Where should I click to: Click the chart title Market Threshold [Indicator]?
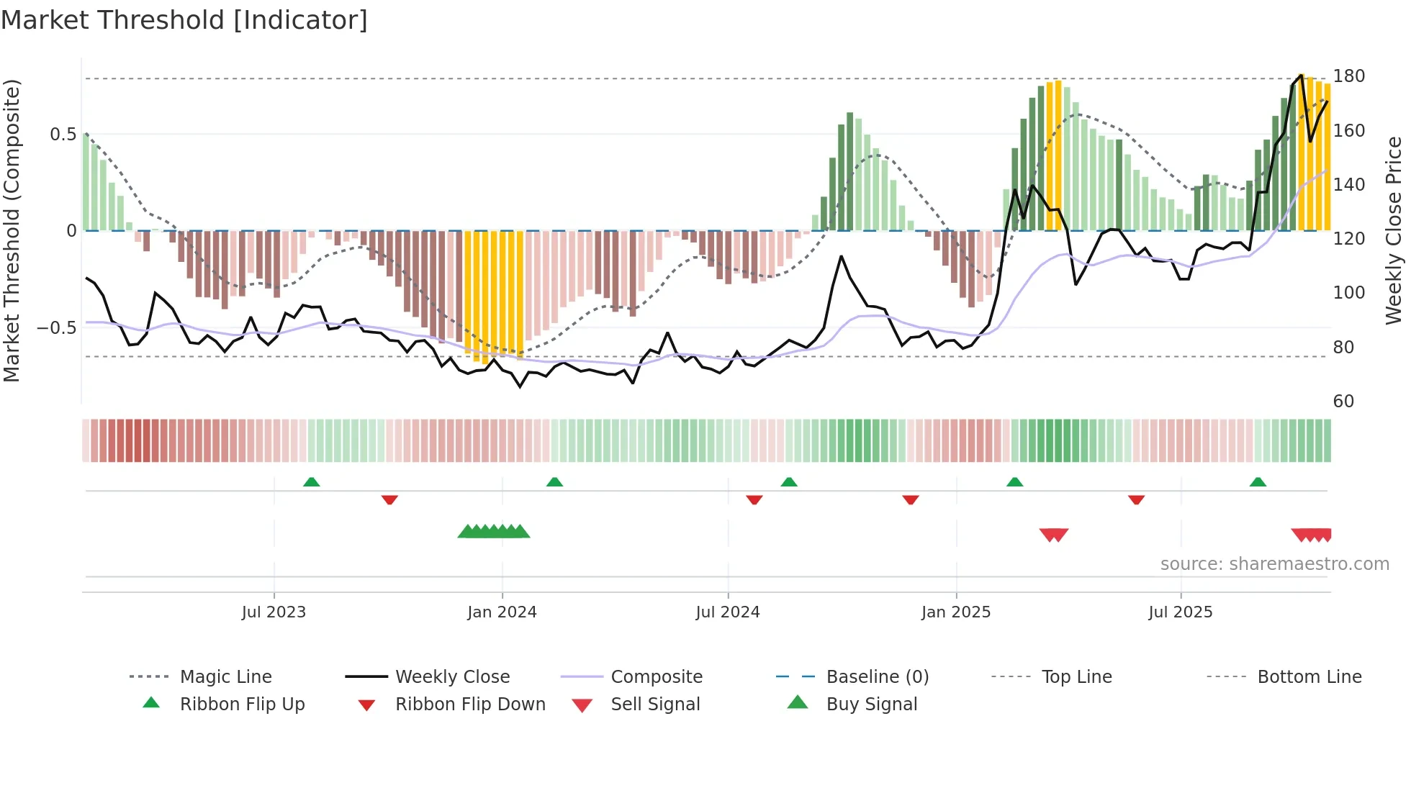[x=184, y=20]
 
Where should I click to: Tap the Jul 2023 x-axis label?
[x=274, y=612]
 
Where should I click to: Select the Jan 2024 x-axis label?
[x=502, y=612]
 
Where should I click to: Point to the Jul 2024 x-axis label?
[x=728, y=612]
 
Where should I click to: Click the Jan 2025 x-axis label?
[x=956, y=612]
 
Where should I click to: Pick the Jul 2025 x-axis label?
[x=1181, y=612]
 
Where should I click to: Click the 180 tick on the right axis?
[x=1348, y=76]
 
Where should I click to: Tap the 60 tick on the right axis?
[x=1343, y=402]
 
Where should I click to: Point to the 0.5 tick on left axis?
[x=63, y=135]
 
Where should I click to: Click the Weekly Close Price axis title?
[x=1394, y=230]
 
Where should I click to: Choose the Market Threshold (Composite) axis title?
[x=12, y=230]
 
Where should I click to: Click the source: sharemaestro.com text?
[x=1274, y=564]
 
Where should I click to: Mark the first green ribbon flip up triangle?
[x=312, y=482]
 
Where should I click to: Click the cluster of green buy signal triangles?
[x=494, y=532]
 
